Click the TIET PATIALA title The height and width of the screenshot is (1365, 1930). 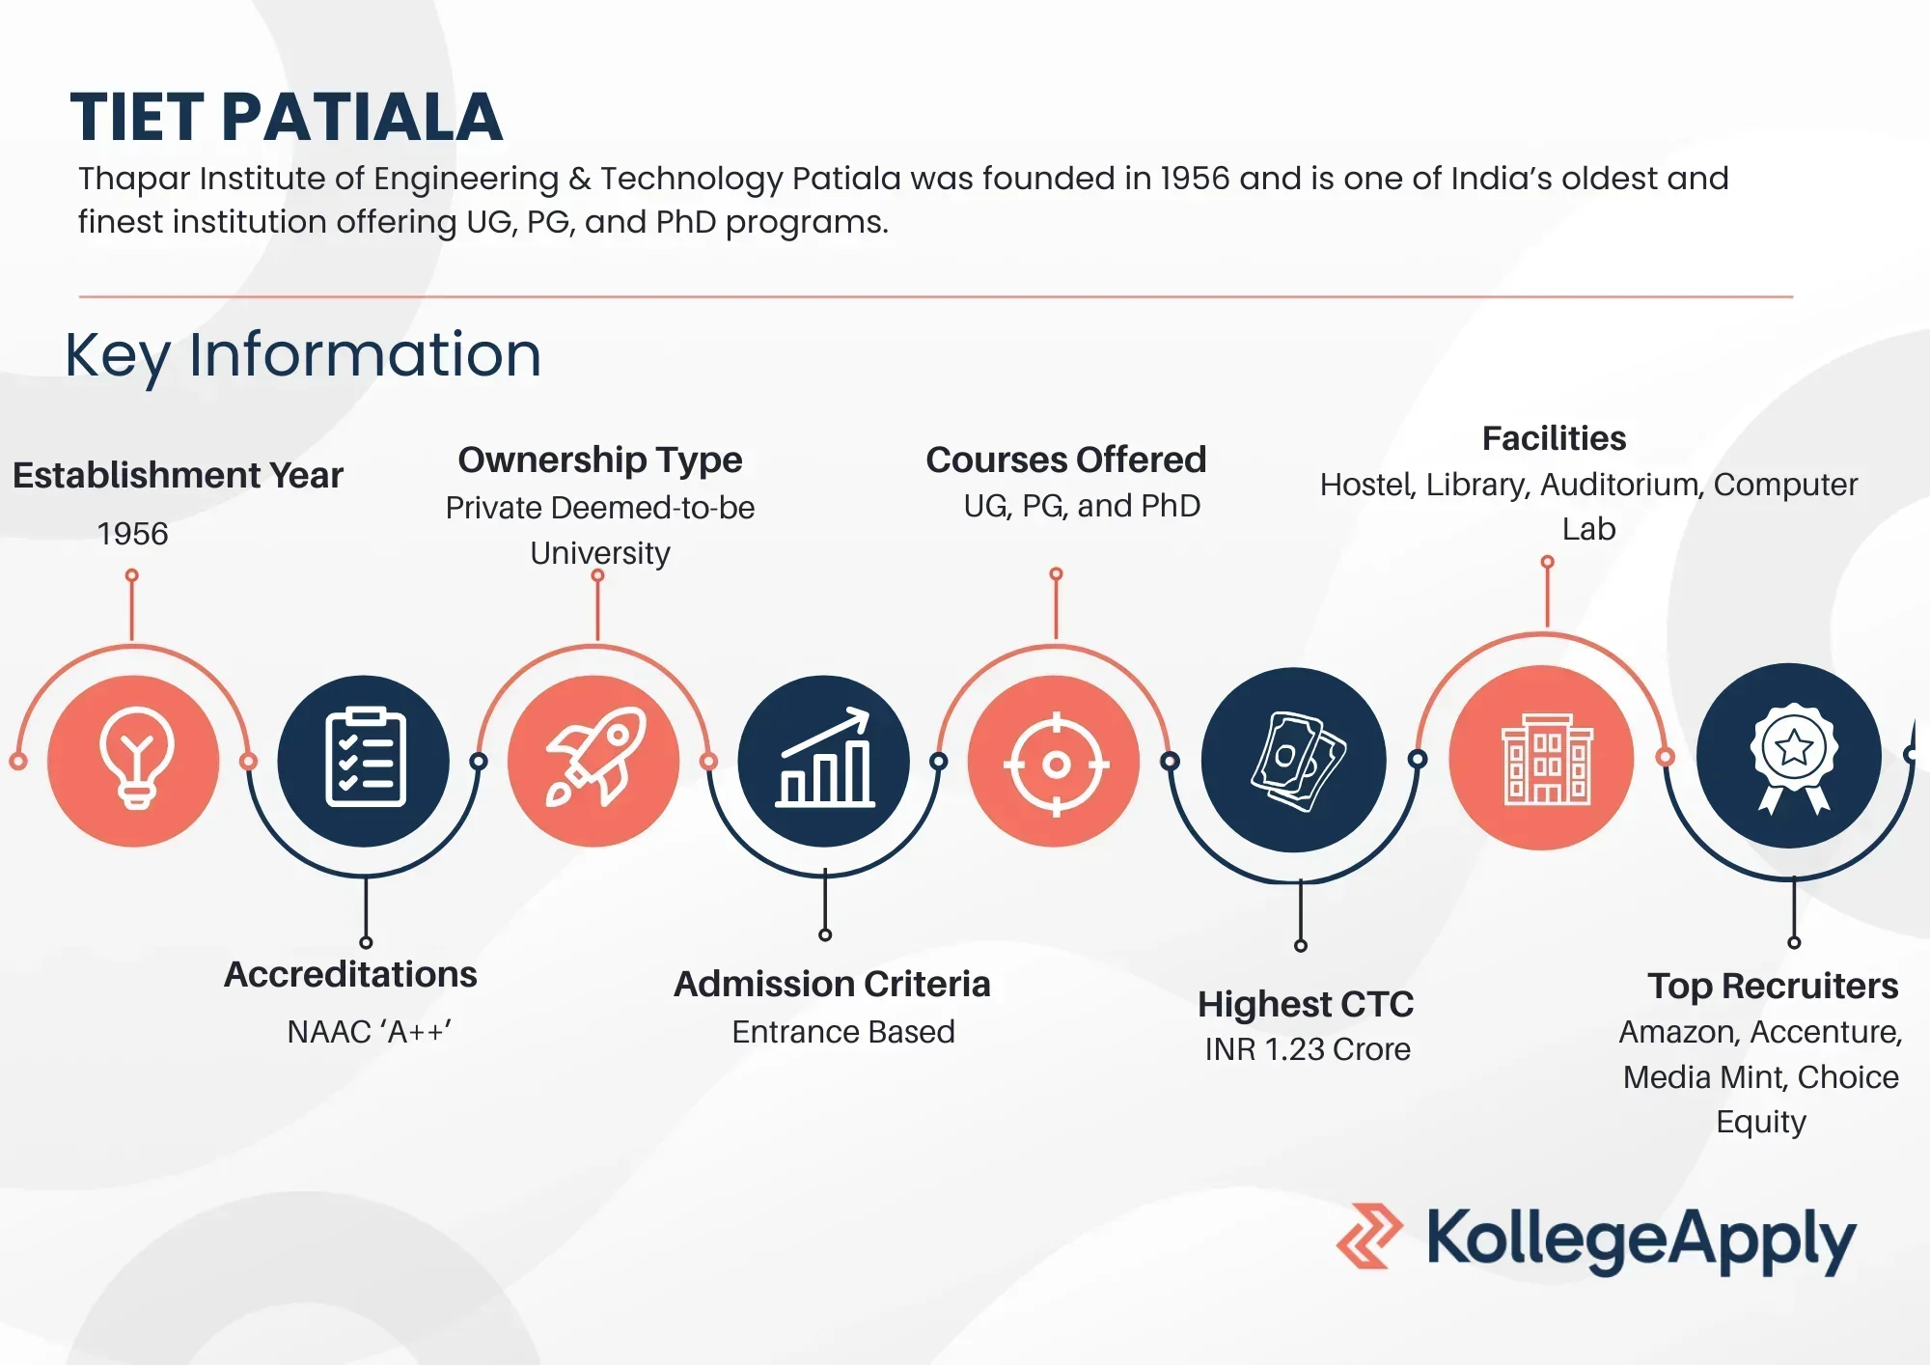pyautogui.click(x=287, y=118)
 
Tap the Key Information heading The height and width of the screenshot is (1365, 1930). pyautogui.click(x=303, y=354)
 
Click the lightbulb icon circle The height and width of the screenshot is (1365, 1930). pyautogui.click(x=134, y=761)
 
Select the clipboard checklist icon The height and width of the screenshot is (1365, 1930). pyautogui.click(x=364, y=761)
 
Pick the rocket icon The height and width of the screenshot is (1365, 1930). pyautogui.click(x=594, y=761)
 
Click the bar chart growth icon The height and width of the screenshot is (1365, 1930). pyautogui.click(x=824, y=761)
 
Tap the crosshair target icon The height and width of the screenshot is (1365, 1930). pyautogui.click(x=1055, y=763)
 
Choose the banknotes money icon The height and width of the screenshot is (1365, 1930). pyautogui.click(x=1294, y=761)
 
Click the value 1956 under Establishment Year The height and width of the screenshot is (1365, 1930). pyautogui.click(x=132, y=534)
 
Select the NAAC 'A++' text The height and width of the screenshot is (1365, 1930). pyautogui.click(x=369, y=1032)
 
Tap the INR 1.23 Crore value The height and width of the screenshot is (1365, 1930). pyautogui.click(x=1308, y=1049)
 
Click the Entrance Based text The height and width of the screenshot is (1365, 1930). pyautogui.click(x=842, y=1032)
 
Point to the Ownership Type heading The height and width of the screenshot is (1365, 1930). pyautogui.click(x=599, y=460)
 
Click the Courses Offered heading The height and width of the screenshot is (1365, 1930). pyautogui.click(x=1065, y=460)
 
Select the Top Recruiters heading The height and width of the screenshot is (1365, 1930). pyautogui.click(x=1772, y=986)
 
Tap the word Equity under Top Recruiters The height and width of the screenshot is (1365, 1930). pyautogui.click(x=1760, y=1122)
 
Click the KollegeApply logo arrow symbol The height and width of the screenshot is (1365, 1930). pyautogui.click(x=1369, y=1236)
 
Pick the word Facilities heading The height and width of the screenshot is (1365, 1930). pyautogui.click(x=1554, y=438)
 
